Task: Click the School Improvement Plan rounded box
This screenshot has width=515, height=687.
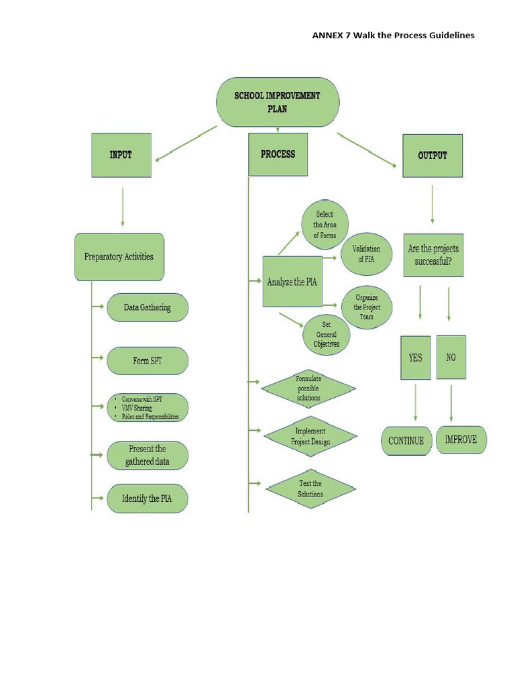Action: point(277,102)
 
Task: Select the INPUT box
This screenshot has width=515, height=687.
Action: point(121,155)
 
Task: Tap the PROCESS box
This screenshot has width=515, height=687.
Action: point(278,154)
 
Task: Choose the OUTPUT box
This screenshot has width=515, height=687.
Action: point(433,155)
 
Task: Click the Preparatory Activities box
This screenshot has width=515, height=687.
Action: point(119,256)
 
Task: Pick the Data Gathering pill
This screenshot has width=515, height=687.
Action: point(148,307)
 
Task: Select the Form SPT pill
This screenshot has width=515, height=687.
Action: point(148,361)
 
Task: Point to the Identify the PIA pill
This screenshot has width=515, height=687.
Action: point(148,498)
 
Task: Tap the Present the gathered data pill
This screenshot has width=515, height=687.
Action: point(148,456)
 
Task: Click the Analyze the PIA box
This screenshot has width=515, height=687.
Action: point(292,282)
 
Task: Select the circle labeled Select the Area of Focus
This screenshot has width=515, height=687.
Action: point(325,225)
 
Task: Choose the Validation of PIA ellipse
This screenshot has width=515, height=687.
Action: point(366,254)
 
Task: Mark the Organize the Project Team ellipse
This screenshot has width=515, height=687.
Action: point(366,307)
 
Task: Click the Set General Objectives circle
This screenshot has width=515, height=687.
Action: point(326,334)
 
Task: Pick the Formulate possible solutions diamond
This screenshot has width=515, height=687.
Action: point(308,388)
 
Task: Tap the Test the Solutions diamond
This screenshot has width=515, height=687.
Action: point(310,489)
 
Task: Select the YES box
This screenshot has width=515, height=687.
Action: point(416,358)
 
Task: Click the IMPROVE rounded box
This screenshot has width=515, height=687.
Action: point(461,440)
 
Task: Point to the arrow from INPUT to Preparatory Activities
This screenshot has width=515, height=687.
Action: point(123,206)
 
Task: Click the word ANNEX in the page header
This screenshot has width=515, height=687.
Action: point(327,35)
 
